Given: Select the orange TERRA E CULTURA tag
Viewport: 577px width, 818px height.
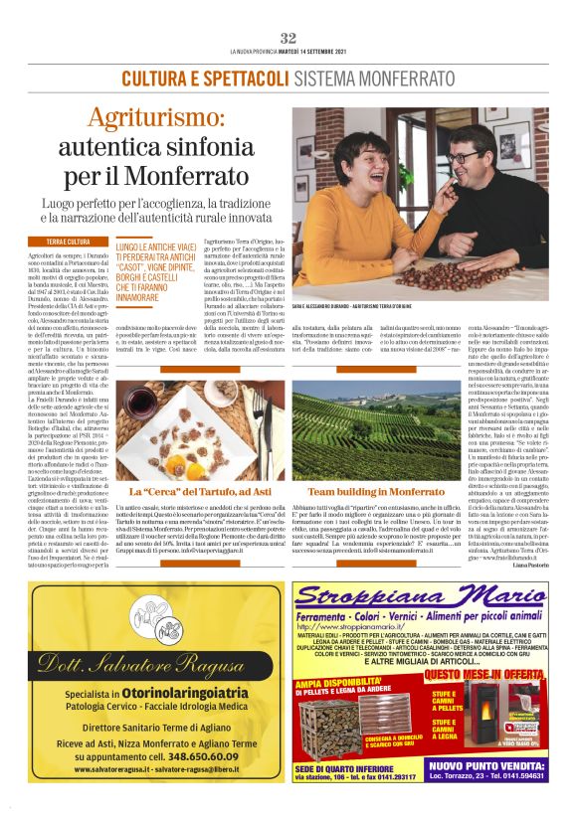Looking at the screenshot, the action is pos(68,242).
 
